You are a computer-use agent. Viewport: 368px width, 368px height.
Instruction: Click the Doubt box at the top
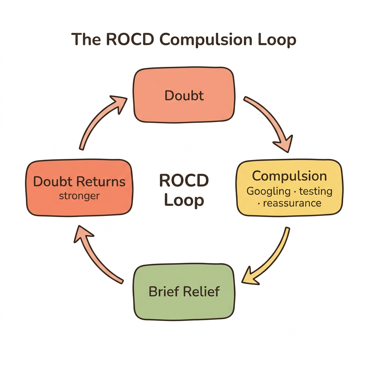click(x=184, y=95)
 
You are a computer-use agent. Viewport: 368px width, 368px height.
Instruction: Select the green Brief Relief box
click(x=184, y=291)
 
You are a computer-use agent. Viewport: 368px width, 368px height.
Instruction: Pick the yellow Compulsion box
click(x=289, y=188)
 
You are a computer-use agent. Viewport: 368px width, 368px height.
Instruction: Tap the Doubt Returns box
click(x=79, y=188)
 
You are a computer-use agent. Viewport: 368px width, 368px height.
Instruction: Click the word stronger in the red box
click(x=79, y=196)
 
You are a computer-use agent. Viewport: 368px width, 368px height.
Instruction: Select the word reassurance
click(x=292, y=203)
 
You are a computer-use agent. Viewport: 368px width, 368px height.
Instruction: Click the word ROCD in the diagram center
click(x=184, y=180)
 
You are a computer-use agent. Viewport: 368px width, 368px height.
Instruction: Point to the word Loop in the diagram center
click(x=184, y=201)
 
